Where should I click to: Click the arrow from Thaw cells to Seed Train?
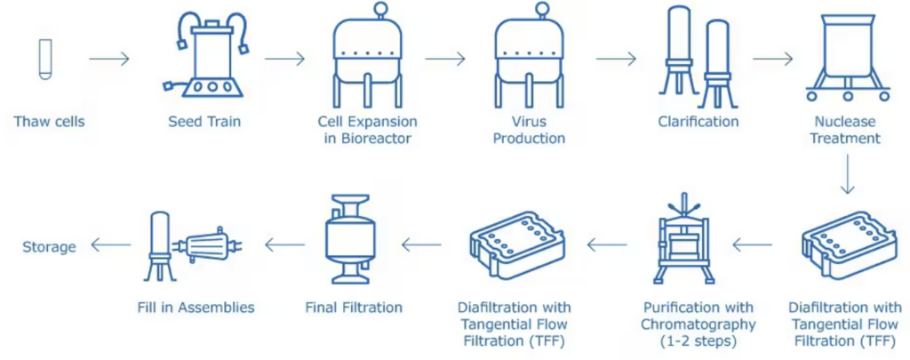tap(109, 59)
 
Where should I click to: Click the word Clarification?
tap(698, 122)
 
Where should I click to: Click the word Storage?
tap(49, 246)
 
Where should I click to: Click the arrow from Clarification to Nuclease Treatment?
tap(772, 59)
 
